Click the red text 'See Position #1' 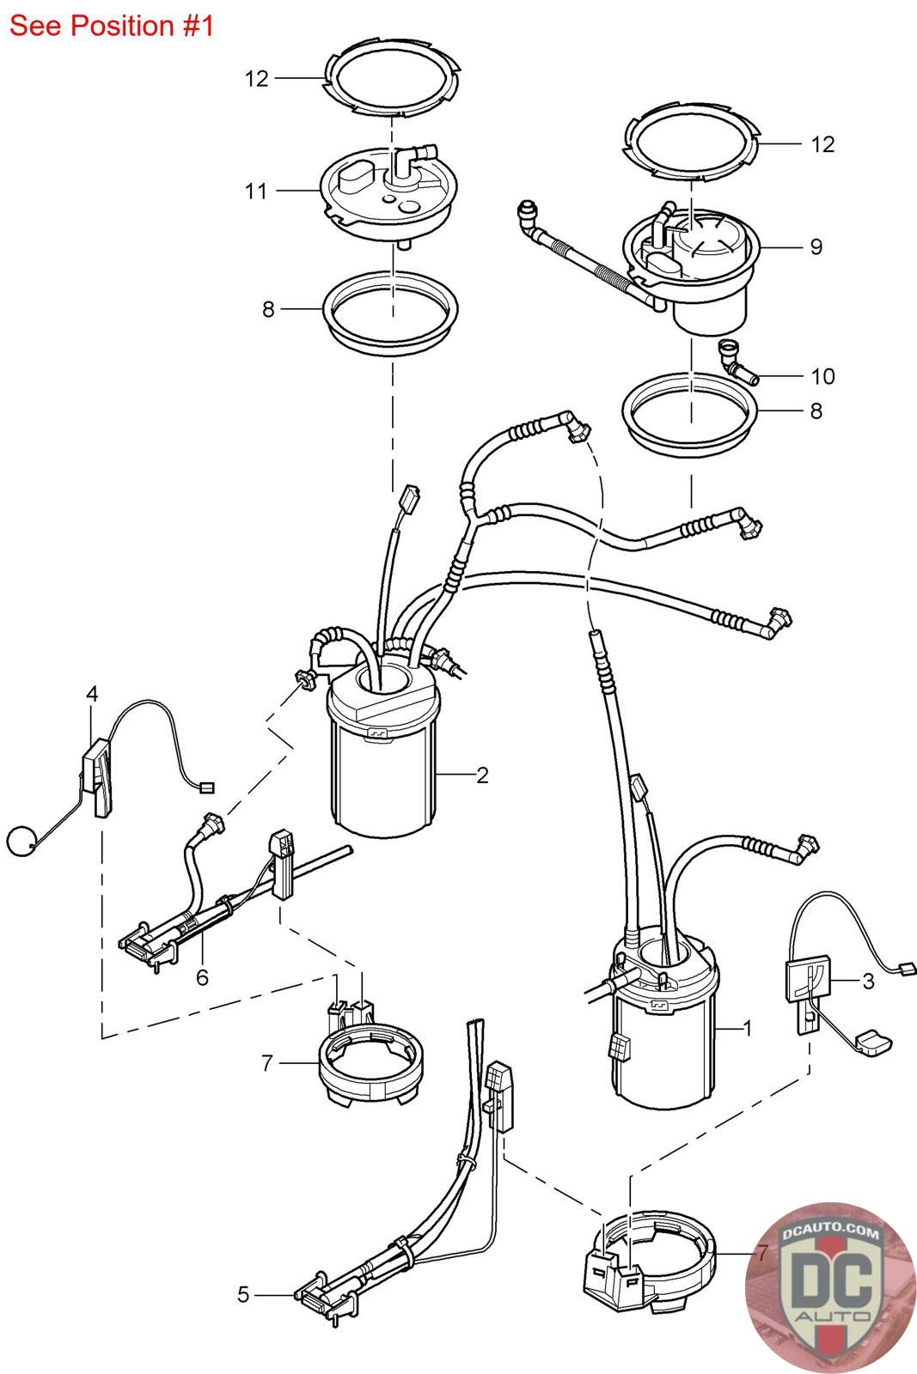111,26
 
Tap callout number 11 256,191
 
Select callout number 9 815,246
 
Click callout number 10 822,376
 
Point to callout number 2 482,775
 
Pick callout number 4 92,693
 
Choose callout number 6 202,977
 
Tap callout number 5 243,1293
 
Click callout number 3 868,980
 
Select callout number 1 747,1027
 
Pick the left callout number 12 256,79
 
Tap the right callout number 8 816,410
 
